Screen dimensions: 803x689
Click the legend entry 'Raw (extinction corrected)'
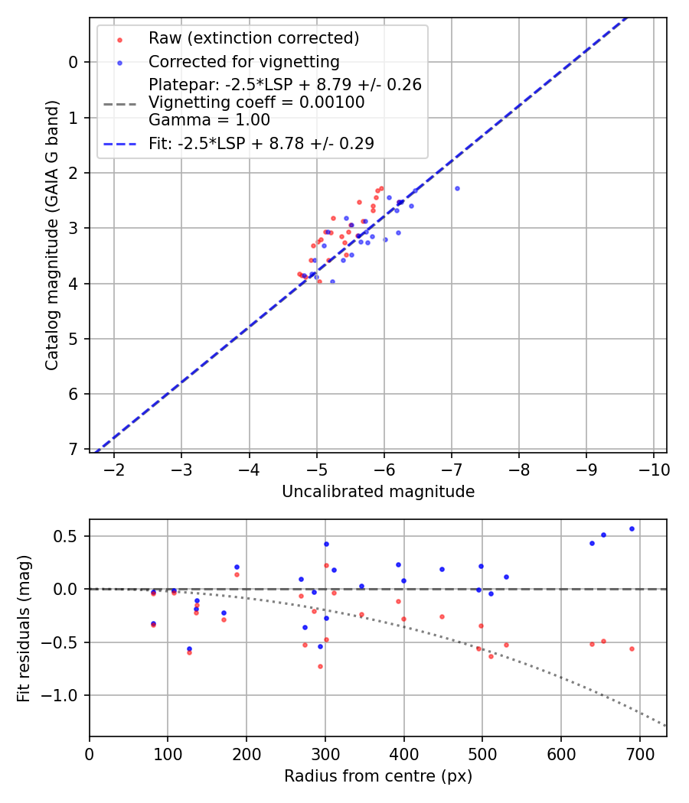pyautogui.click(x=253, y=38)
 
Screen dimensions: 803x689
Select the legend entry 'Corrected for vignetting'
pyautogui.click(x=243, y=61)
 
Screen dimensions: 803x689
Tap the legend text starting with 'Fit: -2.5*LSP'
pyautogui.click(x=261, y=143)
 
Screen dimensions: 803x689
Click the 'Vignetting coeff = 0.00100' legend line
pyautogui.click(x=256, y=102)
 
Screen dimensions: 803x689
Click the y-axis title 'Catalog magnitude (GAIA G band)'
pyautogui.click(x=51, y=233)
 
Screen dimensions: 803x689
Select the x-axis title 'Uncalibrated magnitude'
pyautogui.click(x=378, y=492)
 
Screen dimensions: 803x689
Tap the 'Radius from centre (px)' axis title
pyautogui.click(x=378, y=776)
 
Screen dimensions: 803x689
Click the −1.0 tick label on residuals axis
pyautogui.click(x=65, y=695)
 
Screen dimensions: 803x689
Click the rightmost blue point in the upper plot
pyautogui.click(x=457, y=188)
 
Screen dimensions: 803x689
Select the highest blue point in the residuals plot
pyautogui.click(x=632, y=528)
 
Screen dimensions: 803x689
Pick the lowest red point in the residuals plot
pyautogui.click(x=320, y=666)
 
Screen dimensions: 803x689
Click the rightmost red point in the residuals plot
pyautogui.click(x=632, y=649)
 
